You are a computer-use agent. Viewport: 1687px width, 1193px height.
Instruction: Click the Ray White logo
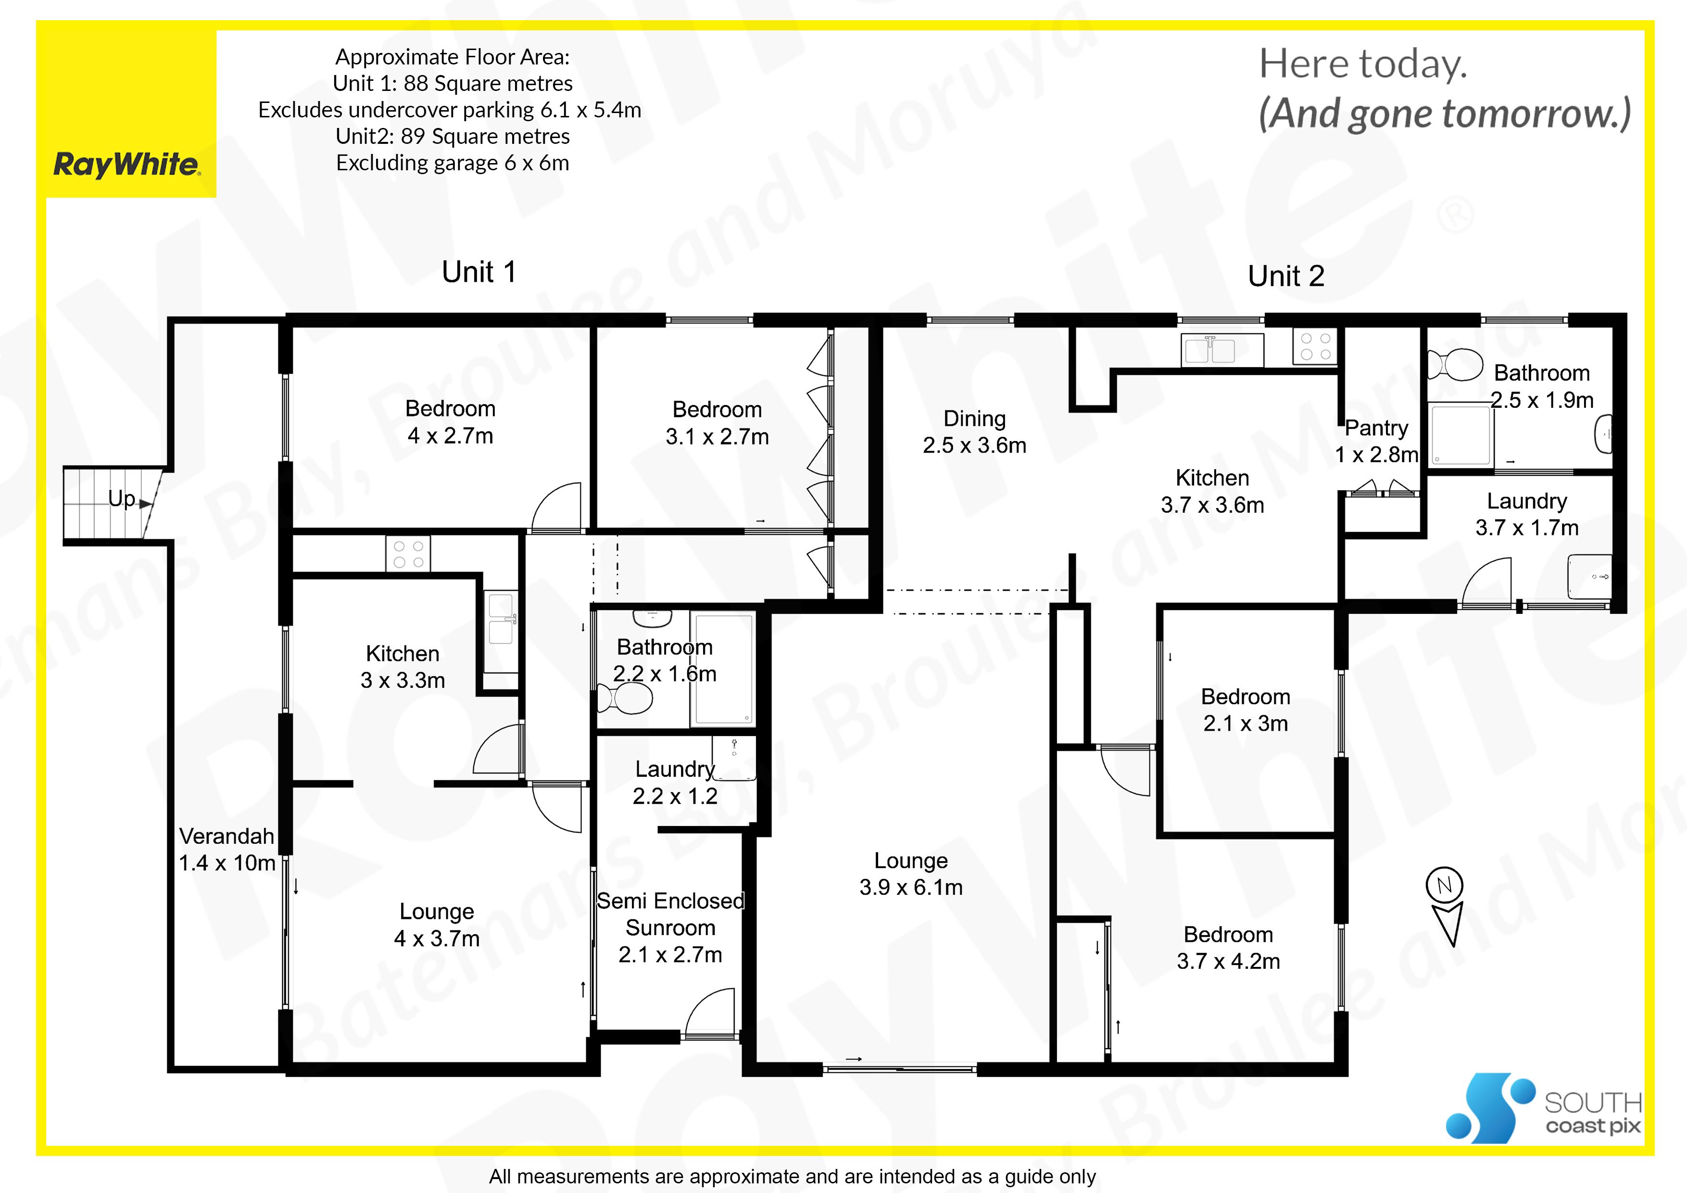tap(126, 165)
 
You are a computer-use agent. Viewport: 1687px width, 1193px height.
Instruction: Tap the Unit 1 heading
tap(479, 272)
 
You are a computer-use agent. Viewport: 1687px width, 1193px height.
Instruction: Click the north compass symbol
tap(1445, 907)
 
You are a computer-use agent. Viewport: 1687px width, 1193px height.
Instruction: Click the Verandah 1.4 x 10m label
tap(227, 849)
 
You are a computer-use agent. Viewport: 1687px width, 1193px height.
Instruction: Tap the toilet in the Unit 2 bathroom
tap(1454, 365)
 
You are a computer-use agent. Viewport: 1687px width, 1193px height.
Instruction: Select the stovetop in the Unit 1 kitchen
tap(408, 554)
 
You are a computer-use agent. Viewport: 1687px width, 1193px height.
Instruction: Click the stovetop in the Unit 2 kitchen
tap(1315, 347)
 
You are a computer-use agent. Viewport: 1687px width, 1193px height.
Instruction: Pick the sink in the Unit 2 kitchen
tap(1222, 350)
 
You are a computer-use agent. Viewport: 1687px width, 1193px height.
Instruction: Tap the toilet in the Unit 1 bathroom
tap(625, 698)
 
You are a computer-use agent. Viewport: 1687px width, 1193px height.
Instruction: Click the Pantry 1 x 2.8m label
tap(1377, 441)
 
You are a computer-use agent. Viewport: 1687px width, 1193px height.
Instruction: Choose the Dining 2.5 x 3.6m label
tap(975, 432)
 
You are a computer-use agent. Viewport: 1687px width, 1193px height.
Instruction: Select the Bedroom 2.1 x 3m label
tap(1246, 710)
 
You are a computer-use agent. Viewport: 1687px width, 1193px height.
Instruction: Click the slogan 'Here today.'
tap(1363, 64)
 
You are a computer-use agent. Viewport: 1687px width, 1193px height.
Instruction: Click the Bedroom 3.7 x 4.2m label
tap(1229, 948)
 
